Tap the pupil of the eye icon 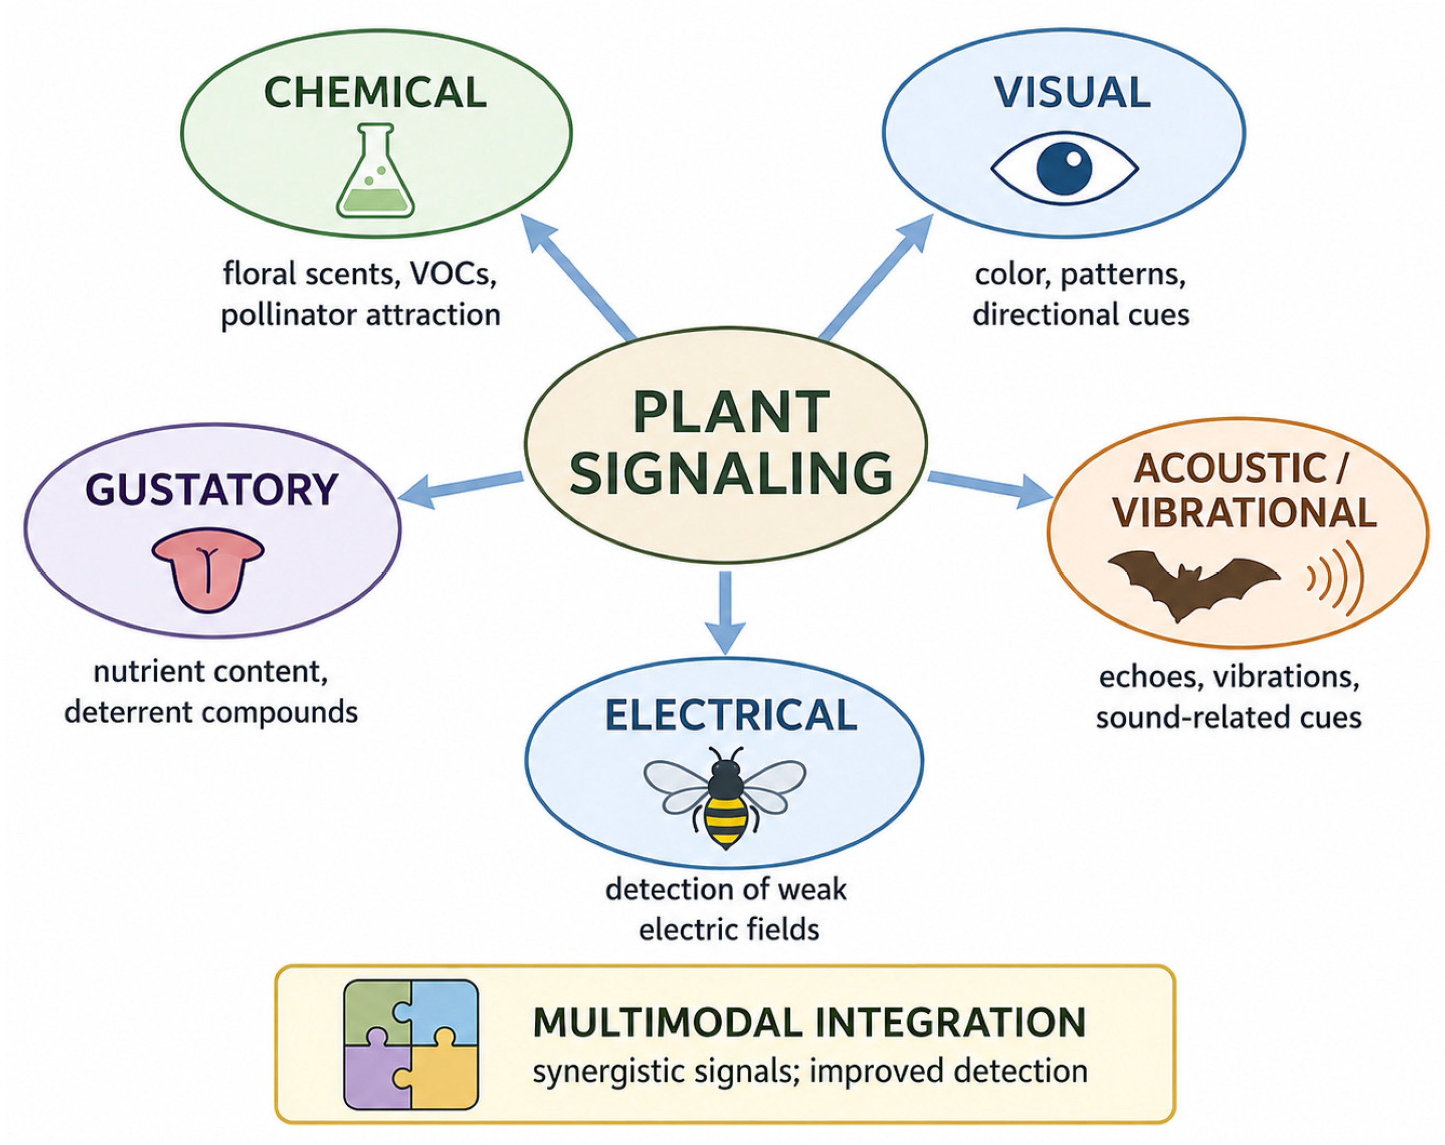coord(1065,168)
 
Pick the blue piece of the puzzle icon coord(443,1013)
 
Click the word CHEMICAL coord(375,93)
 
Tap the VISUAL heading coord(1072,93)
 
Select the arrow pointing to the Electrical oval coord(725,612)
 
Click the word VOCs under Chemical coord(453,274)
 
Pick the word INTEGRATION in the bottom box coord(951,1022)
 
